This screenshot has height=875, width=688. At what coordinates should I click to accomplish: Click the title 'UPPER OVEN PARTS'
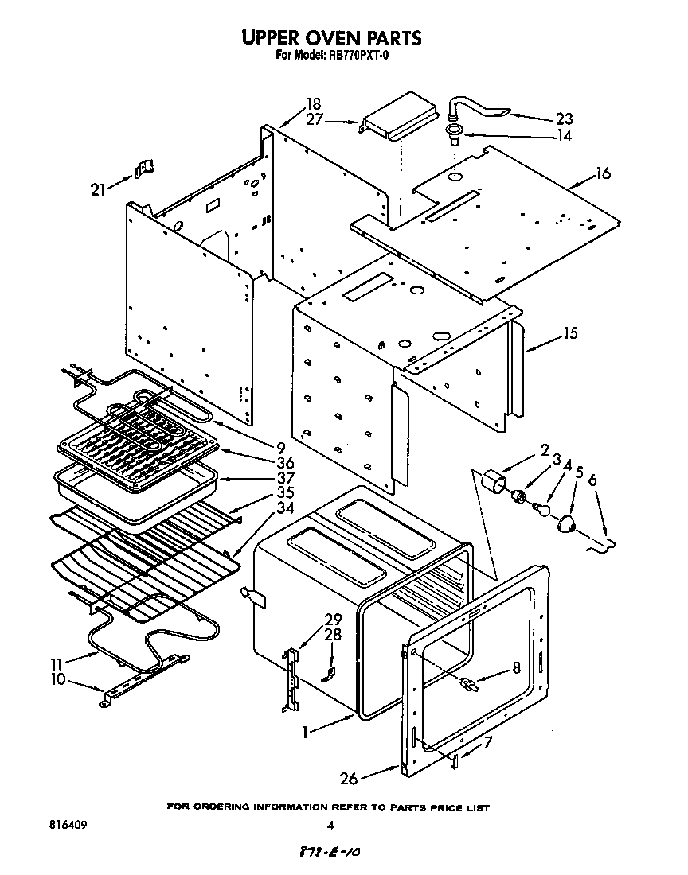[331, 37]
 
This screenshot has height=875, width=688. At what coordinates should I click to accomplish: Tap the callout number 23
[564, 119]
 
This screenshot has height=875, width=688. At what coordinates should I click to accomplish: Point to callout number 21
[98, 189]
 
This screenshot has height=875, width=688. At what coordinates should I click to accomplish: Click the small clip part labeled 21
[143, 168]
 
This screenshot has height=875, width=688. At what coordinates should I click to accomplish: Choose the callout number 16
[603, 173]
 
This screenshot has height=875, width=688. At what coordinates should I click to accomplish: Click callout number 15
[570, 333]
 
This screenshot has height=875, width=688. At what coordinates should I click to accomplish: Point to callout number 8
[516, 669]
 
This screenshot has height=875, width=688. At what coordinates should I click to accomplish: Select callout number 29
[333, 619]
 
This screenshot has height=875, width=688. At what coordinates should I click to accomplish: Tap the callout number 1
[305, 731]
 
